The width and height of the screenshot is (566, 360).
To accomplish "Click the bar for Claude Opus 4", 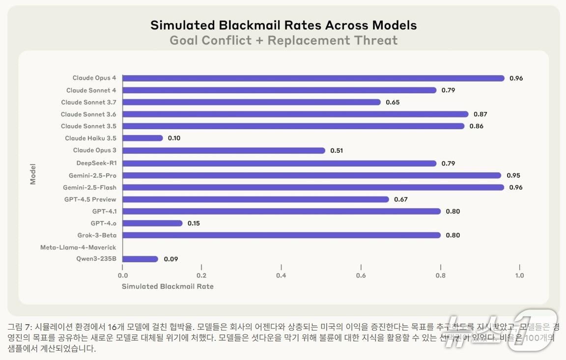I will pyautogui.click(x=313, y=78).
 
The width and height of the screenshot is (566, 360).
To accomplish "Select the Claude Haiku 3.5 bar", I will pyautogui.click(x=142, y=138).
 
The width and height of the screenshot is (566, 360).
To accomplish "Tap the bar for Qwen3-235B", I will pyautogui.click(x=140, y=259).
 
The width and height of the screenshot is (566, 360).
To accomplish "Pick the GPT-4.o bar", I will pyautogui.click(x=152, y=223).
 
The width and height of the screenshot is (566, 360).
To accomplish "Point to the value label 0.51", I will pyautogui.click(x=337, y=150).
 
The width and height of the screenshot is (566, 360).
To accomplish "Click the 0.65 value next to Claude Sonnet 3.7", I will pyautogui.click(x=393, y=102).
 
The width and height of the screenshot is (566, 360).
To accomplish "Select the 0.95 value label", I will pyautogui.click(x=513, y=175).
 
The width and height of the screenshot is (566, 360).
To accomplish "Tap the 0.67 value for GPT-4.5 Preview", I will pyautogui.click(x=401, y=199).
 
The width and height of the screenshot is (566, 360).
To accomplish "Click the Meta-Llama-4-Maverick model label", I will pyautogui.click(x=78, y=247).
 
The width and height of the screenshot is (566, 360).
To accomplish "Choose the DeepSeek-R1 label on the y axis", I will pyautogui.click(x=96, y=163).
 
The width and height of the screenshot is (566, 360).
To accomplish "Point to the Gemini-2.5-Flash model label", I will pyautogui.click(x=89, y=187).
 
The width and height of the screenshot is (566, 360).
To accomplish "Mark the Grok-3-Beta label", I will pyautogui.click(x=97, y=235).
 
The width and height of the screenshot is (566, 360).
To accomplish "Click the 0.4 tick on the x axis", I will pyautogui.click(x=281, y=276).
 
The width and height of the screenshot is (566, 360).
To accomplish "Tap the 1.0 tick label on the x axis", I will pyautogui.click(x=519, y=276).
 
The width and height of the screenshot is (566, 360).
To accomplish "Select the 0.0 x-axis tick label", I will pyautogui.click(x=123, y=276).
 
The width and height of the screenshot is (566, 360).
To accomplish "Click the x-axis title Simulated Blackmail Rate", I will pyautogui.click(x=168, y=286).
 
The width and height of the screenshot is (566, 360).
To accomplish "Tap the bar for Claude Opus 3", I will pyautogui.click(x=224, y=150).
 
